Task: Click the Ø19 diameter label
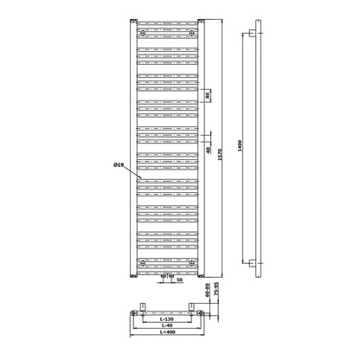(119, 165)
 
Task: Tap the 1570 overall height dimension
(220, 154)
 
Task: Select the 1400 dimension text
(240, 145)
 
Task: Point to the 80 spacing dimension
(208, 95)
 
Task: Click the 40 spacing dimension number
(208, 150)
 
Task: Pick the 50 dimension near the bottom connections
(179, 280)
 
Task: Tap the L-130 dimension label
(167, 319)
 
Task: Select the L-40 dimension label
(167, 325)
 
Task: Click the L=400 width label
(167, 332)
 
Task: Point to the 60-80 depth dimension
(207, 290)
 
